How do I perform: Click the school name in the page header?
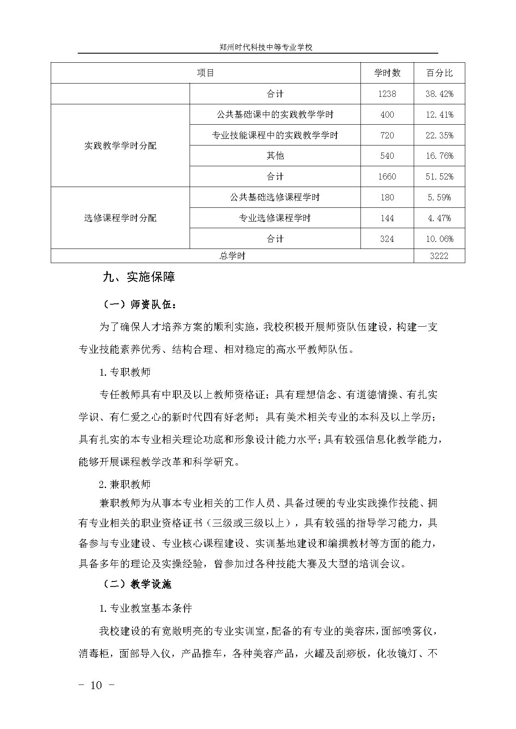tap(266, 47)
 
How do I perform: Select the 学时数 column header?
tap(387, 73)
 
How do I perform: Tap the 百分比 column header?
tap(439, 73)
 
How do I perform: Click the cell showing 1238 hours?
tap(387, 94)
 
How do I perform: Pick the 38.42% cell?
tap(439, 94)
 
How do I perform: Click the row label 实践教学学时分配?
tap(120, 146)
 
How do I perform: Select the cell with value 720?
tap(387, 135)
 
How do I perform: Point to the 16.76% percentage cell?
tap(439, 156)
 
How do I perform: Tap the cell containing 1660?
tap(387, 177)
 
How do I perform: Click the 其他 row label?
tap(275, 156)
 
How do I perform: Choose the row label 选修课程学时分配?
tap(120, 218)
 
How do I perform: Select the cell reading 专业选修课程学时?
tap(275, 218)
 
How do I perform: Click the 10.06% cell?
tap(439, 239)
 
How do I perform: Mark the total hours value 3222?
tap(439, 256)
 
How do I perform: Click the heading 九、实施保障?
tap(138, 277)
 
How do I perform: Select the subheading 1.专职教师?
tap(125, 372)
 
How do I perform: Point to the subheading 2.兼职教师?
tap(125, 484)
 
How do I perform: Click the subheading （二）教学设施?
tap(137, 584)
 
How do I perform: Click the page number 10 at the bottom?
tap(96, 685)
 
